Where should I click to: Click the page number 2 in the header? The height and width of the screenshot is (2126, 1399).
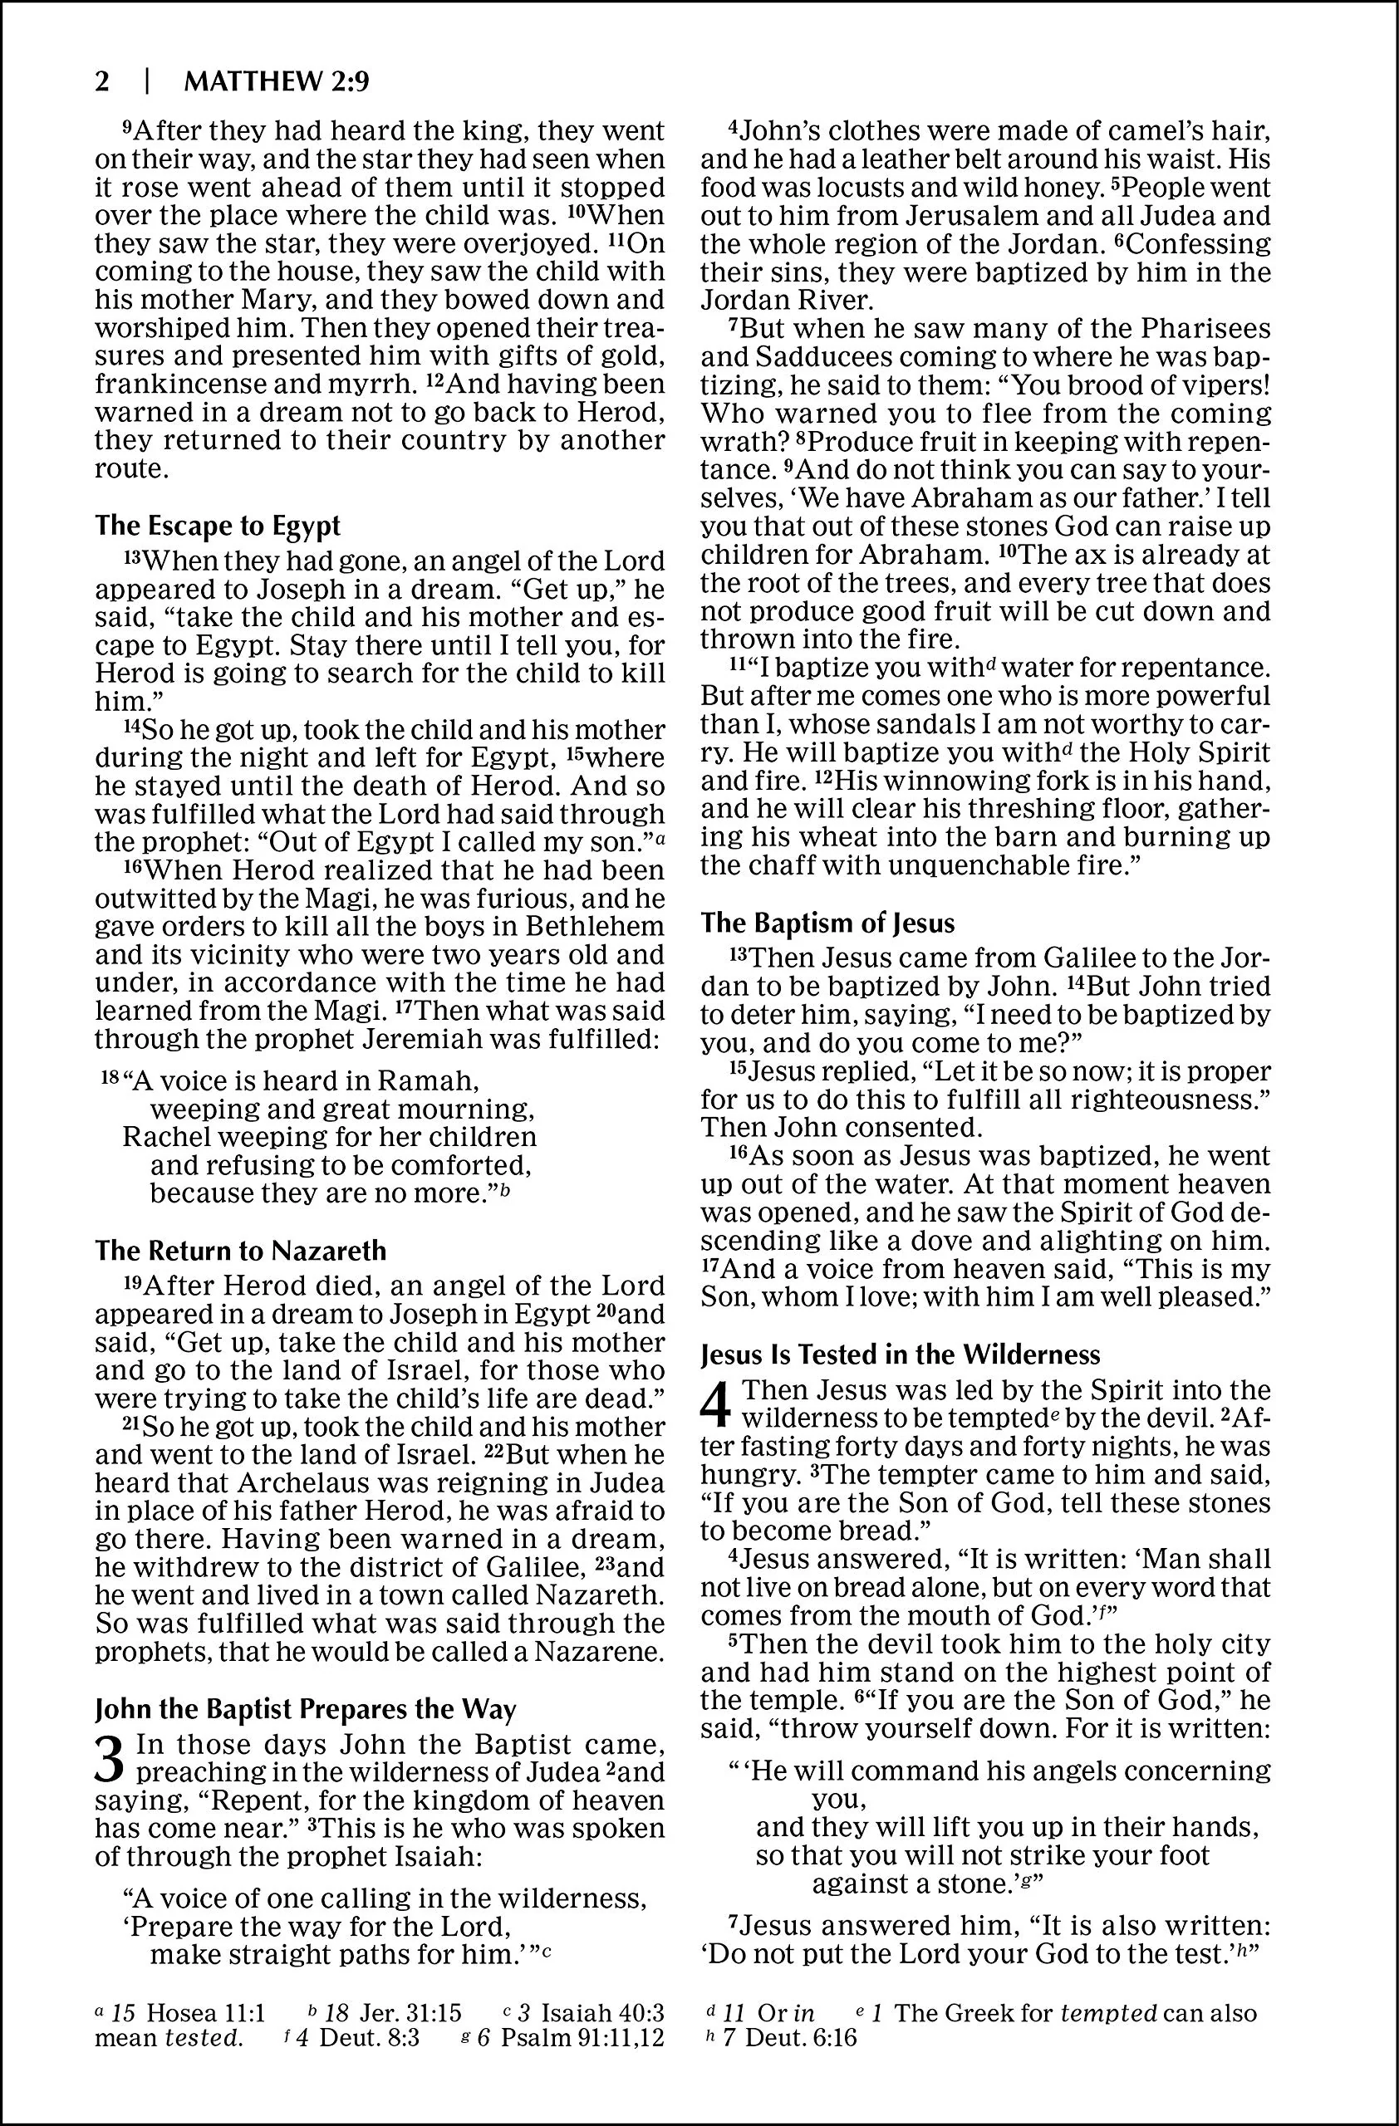pos(102,82)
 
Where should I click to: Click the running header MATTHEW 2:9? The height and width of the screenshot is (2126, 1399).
pos(276,82)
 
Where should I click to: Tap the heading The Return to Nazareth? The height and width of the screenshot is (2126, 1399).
pos(240,1250)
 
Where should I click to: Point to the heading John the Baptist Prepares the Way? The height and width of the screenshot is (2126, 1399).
pos(305,1709)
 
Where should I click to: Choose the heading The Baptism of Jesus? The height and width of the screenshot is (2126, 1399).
pos(827,923)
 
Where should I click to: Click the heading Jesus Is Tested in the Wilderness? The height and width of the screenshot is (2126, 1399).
pos(901,1355)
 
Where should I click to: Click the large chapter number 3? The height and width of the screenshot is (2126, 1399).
pos(110,1759)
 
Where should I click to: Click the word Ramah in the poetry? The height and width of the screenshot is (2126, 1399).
pos(429,1081)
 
